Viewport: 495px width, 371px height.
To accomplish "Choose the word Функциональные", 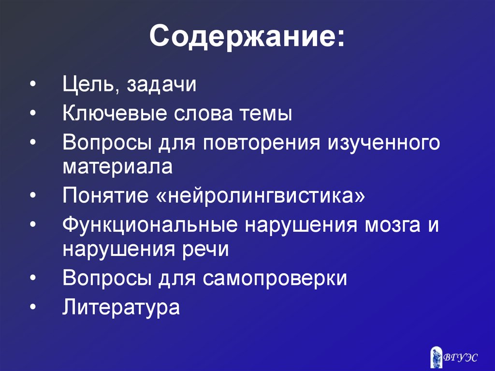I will [x=150, y=225].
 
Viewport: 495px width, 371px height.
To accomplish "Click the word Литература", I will [x=121, y=307].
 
